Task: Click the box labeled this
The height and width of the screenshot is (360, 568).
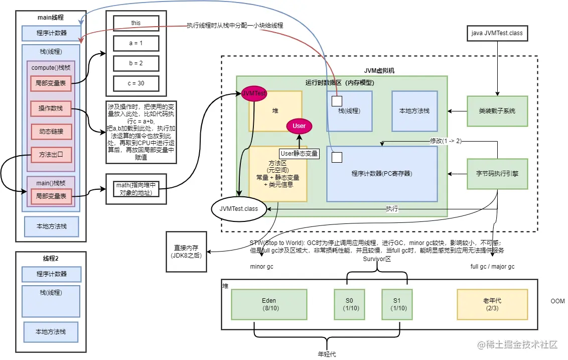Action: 136,23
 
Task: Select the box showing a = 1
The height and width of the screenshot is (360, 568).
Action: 136,43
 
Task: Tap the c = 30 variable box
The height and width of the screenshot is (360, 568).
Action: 136,83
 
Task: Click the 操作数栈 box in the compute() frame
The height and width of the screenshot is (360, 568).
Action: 51,108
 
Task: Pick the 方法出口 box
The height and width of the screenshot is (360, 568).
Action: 51,155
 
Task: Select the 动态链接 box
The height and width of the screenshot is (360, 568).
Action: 51,132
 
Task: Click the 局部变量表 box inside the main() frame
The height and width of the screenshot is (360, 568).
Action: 51,196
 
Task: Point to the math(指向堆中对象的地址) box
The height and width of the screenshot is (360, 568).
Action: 136,189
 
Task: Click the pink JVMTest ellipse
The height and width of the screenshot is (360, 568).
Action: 254,93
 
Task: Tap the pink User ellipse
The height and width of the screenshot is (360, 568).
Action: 299,126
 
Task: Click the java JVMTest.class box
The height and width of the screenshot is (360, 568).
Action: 497,34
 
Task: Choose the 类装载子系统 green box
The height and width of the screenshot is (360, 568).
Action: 497,111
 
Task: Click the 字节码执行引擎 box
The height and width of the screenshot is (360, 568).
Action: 497,174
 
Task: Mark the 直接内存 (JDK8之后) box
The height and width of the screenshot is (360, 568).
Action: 186,252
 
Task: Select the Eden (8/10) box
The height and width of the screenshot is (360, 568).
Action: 268,304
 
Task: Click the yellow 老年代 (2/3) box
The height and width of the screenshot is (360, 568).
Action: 492,304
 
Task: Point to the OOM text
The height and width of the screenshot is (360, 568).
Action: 557,301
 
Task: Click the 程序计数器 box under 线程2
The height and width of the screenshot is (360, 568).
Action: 51,274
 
